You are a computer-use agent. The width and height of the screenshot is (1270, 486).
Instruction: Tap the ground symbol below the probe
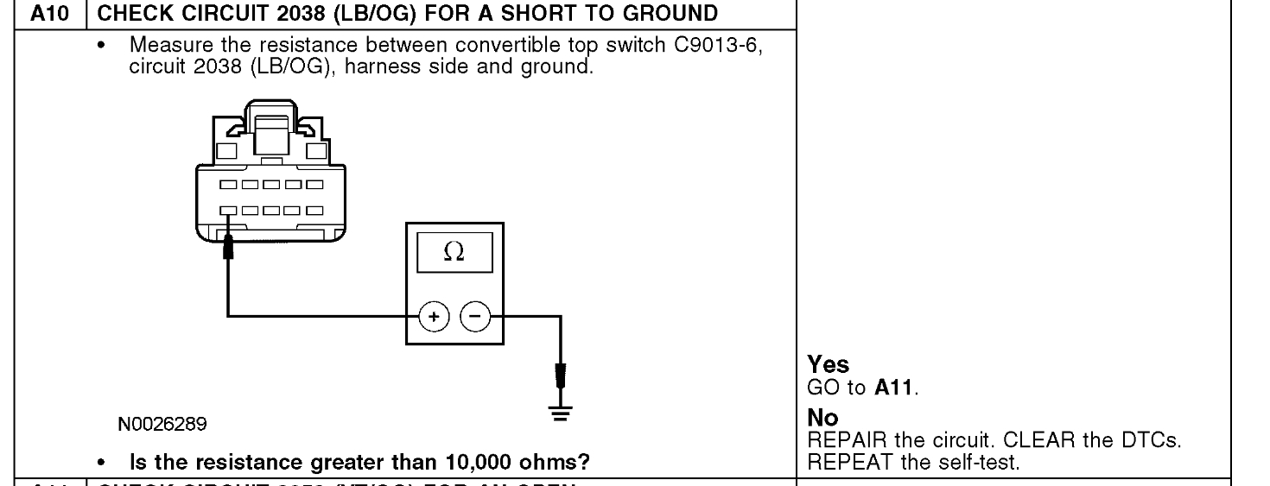click(x=563, y=413)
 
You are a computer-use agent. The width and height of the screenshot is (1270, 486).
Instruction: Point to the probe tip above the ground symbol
click(x=563, y=376)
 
